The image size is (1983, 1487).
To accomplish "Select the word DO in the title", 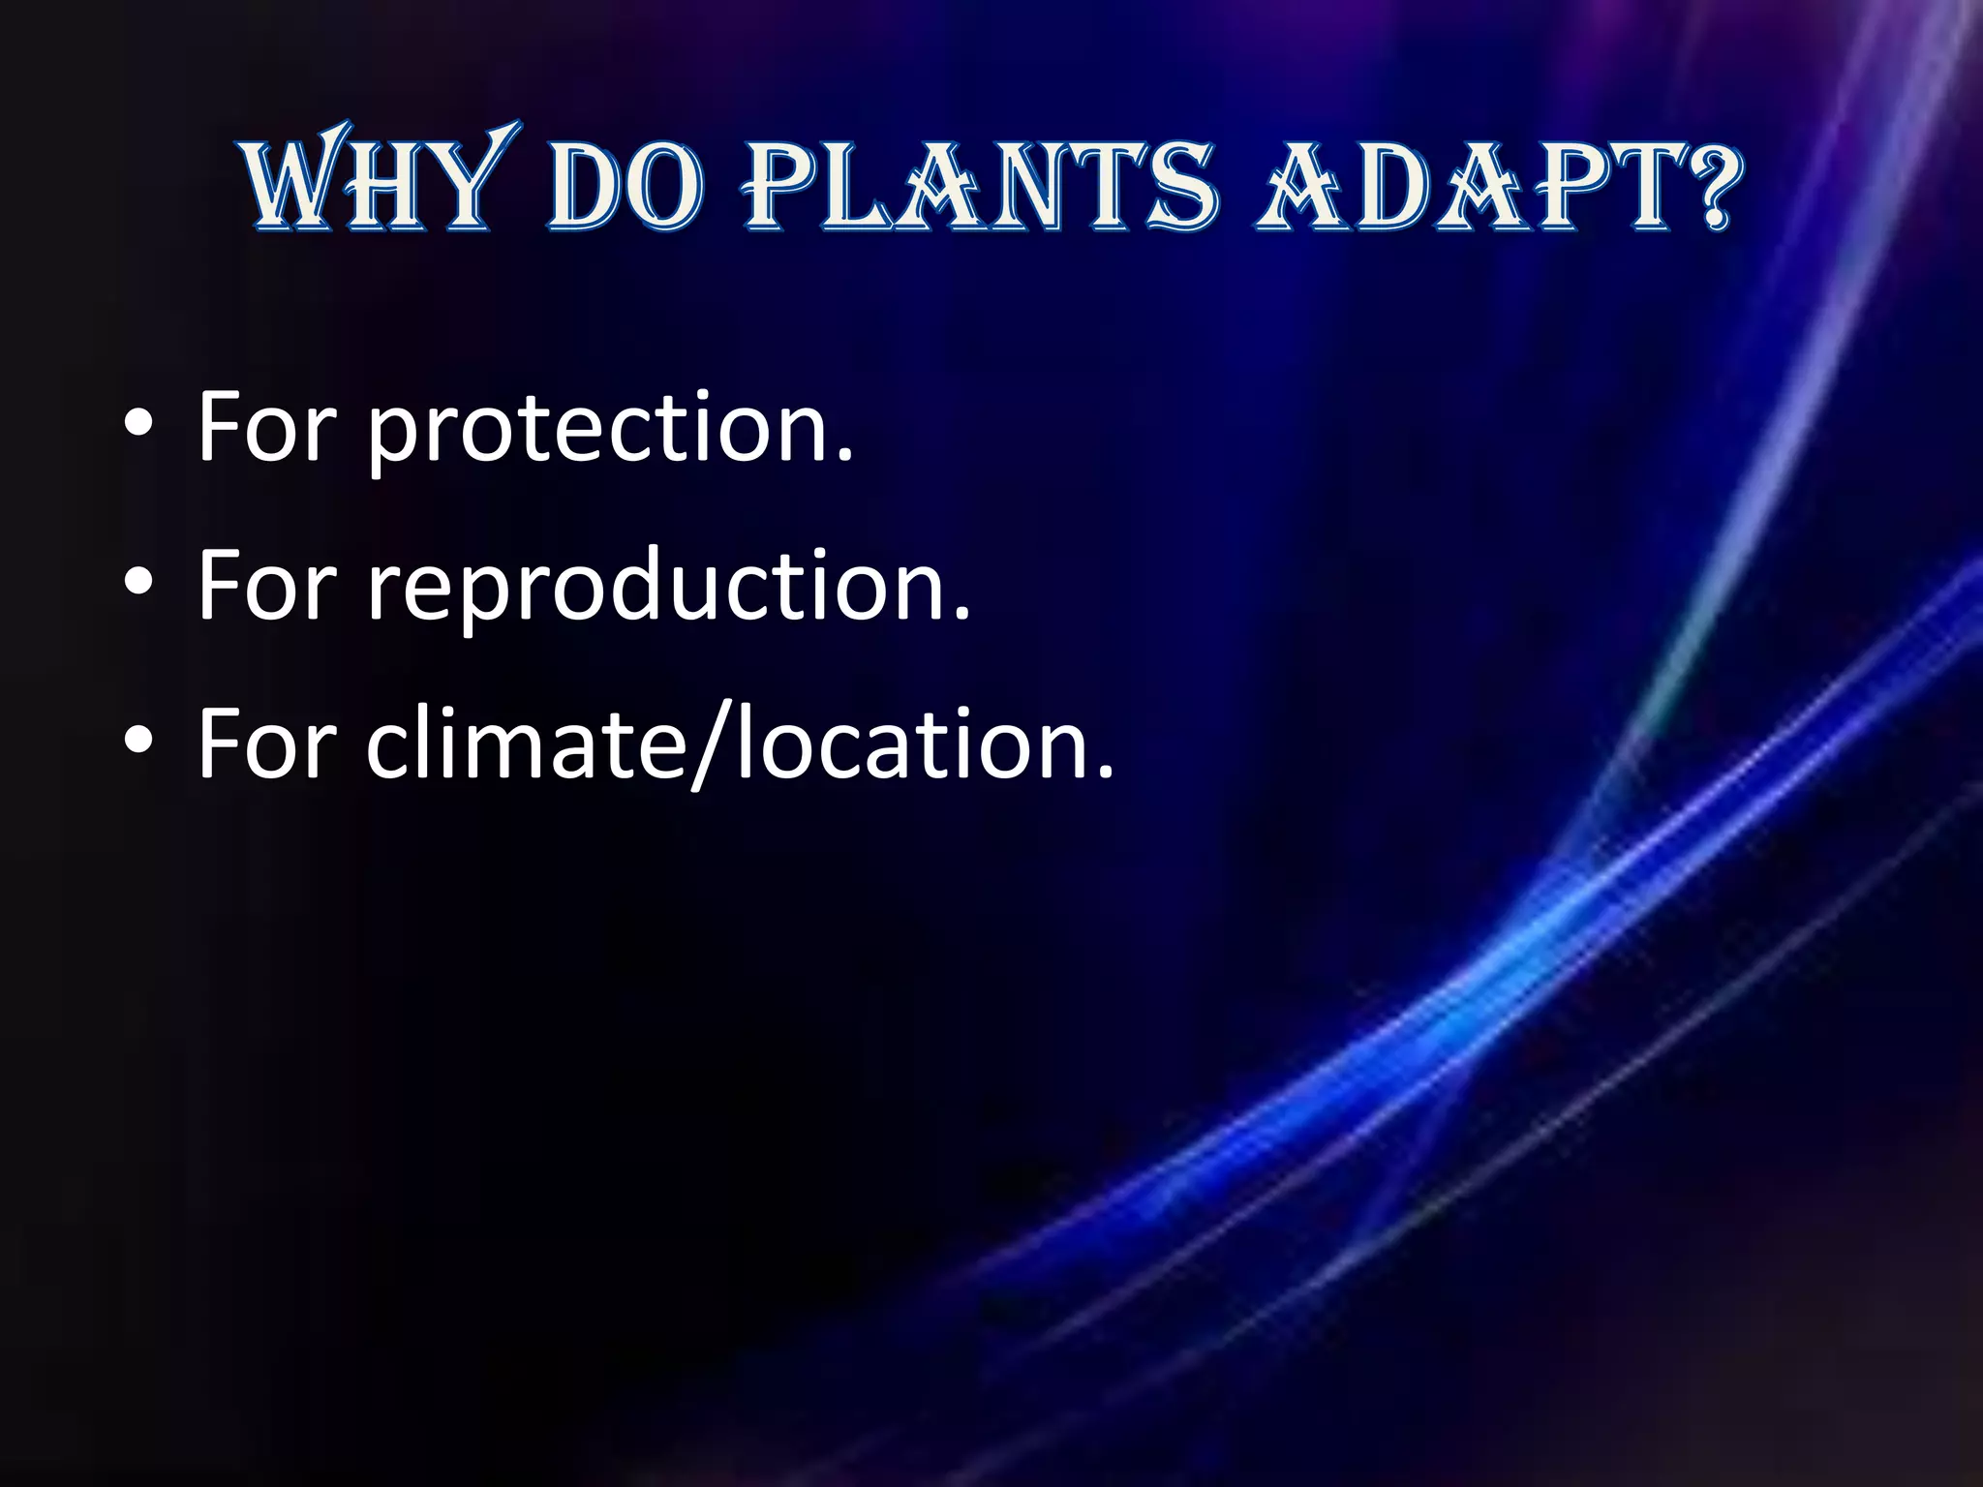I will pos(625,186).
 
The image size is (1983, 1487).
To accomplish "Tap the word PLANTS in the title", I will pos(979,186).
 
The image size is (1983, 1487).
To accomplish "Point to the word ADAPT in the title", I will pos(1462,186).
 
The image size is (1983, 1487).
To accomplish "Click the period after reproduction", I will pos(961,616).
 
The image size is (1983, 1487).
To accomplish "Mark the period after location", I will pos(1106,774).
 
